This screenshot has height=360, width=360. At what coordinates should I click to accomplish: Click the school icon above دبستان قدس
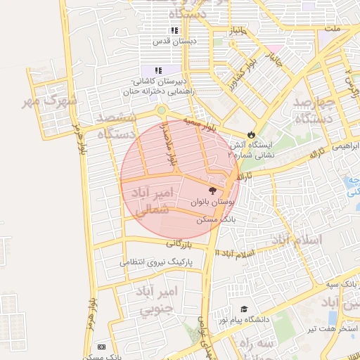click(x=174, y=31)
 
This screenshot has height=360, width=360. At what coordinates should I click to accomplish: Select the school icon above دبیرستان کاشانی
click(x=158, y=71)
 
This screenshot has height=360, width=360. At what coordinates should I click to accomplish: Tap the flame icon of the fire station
click(x=251, y=134)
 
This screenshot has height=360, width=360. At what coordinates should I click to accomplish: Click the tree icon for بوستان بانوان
click(x=212, y=190)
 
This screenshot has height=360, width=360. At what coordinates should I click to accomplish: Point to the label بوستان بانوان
click(x=212, y=202)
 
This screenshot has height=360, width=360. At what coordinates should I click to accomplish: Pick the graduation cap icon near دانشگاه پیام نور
click(x=244, y=309)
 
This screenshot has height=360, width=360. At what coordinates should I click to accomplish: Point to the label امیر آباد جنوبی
click(x=159, y=300)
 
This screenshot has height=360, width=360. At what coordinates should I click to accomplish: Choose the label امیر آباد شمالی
click(x=151, y=200)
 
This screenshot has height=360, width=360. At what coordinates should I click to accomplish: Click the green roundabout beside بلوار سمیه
click(x=162, y=110)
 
